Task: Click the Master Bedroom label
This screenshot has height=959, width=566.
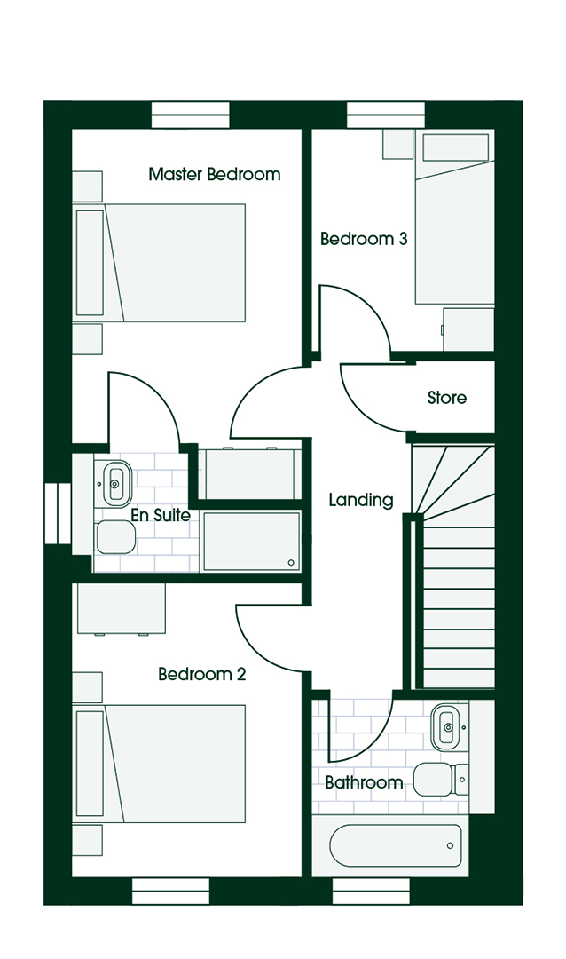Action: (215, 174)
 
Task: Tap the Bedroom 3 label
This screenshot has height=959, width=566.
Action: (364, 239)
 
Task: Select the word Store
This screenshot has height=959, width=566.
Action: (447, 398)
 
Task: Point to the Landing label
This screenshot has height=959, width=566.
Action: (361, 500)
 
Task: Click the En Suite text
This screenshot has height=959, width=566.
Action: (161, 515)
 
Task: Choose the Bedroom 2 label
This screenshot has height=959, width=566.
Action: (201, 674)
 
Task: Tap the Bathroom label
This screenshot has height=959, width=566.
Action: (364, 782)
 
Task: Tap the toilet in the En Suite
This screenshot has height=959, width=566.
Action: (114, 537)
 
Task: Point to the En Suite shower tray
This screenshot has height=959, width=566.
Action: (250, 542)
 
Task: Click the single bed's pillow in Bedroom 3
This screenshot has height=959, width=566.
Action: (456, 147)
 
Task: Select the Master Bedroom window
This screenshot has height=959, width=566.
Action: (191, 115)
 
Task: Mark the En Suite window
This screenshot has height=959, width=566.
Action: (59, 513)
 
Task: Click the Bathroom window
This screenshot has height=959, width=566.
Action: (371, 892)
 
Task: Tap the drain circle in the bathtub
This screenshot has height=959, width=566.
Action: (450, 846)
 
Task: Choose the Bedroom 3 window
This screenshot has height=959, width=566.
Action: (386, 115)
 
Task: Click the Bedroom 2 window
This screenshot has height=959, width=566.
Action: (171, 892)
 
